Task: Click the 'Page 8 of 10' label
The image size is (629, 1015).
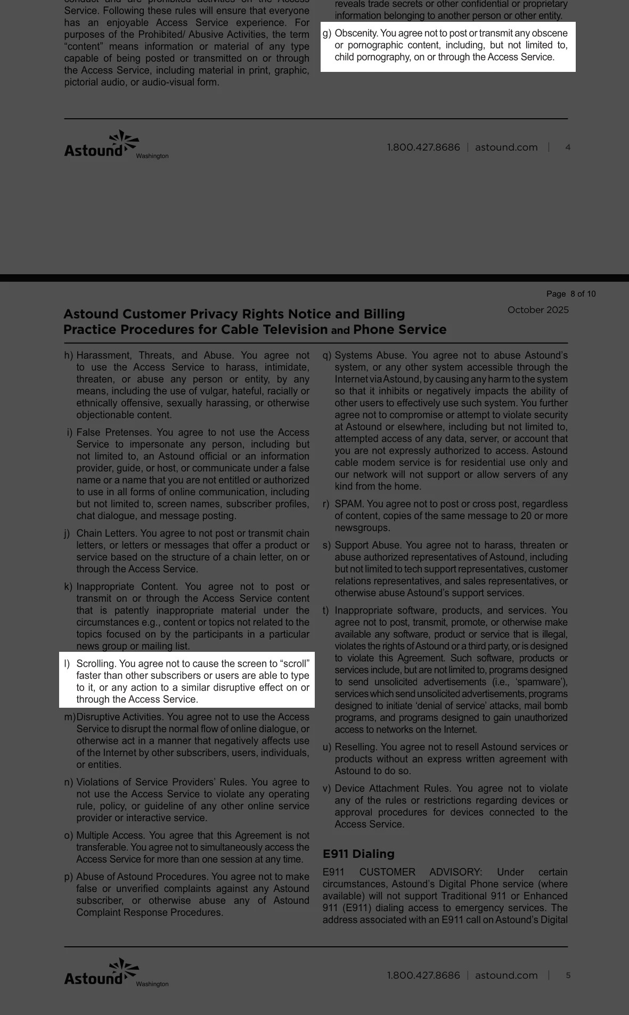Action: [571, 294]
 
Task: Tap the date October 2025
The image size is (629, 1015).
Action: [538, 310]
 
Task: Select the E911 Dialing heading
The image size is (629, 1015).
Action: [358, 854]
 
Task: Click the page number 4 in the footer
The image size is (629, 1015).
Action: [568, 148]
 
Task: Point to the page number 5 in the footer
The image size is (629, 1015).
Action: [568, 976]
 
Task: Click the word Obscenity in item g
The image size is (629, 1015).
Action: [356, 34]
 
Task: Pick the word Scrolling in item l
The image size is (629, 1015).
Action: [96, 664]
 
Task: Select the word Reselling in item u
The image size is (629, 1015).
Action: [355, 747]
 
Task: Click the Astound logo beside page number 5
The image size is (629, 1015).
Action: [102, 972]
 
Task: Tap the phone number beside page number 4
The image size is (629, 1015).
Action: [423, 148]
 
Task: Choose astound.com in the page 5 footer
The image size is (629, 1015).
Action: [506, 976]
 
